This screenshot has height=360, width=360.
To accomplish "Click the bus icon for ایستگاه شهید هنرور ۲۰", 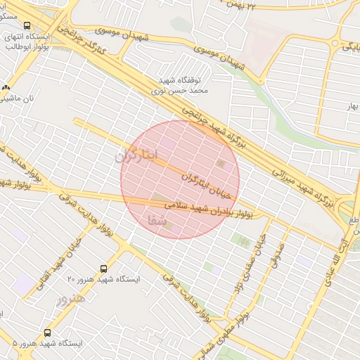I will [104, 269].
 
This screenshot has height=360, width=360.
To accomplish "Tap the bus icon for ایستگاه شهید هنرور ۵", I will [47, 333].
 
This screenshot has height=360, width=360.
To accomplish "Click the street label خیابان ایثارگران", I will [207, 174].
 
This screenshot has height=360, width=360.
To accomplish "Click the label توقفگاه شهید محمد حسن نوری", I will [179, 86].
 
